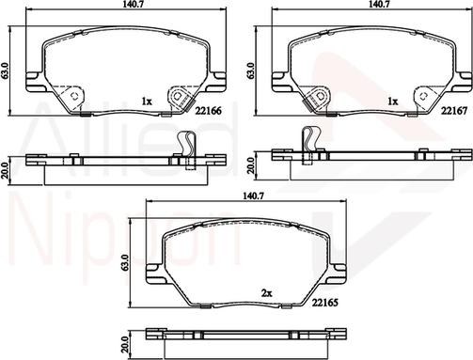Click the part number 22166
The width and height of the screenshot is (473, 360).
[x=209, y=110]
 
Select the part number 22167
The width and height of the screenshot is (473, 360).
[x=454, y=110]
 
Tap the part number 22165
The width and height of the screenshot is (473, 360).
[x=324, y=303]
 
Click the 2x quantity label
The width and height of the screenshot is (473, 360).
[x=267, y=293]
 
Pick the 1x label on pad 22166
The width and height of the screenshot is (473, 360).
[x=147, y=102]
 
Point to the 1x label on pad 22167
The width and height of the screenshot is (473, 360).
[x=392, y=102]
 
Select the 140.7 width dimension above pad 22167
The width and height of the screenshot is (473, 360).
[x=378, y=4]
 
